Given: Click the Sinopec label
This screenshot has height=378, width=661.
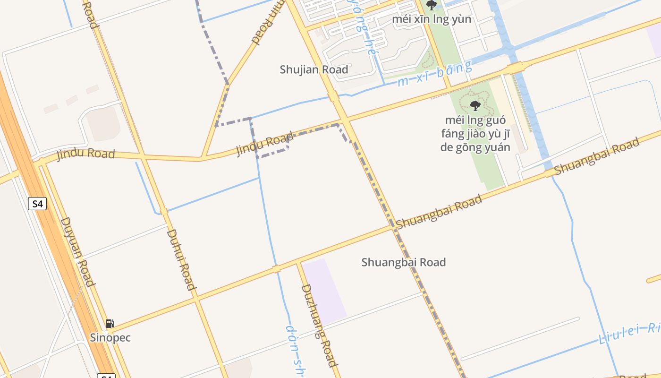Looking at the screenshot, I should pyautogui.click(x=110, y=338).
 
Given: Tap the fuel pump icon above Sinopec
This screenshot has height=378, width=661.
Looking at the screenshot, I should pyautogui.click(x=110, y=324).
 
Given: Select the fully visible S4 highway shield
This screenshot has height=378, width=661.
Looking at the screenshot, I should pyautogui.click(x=37, y=204).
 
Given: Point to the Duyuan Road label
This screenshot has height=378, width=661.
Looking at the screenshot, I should pyautogui.click(x=77, y=252).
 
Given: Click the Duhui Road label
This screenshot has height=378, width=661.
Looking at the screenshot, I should pyautogui.click(x=181, y=259).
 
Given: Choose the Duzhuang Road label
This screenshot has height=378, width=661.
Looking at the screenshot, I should pyautogui.click(x=320, y=325).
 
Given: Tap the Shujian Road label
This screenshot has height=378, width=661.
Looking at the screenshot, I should pyautogui.click(x=314, y=69).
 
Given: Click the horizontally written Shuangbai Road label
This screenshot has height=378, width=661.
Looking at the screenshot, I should pyautogui.click(x=404, y=262).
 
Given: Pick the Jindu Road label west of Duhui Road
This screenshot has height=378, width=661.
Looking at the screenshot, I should pyautogui.click(x=86, y=154).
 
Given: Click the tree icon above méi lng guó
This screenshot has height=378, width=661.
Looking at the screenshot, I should pyautogui.click(x=475, y=105).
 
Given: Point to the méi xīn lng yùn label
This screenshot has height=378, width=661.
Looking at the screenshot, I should pyautogui.click(x=432, y=19).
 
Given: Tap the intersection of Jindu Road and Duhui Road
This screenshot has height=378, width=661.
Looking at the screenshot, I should pyautogui.click(x=142, y=156).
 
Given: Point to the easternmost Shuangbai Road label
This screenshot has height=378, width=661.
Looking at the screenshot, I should pyautogui.click(x=597, y=155).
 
